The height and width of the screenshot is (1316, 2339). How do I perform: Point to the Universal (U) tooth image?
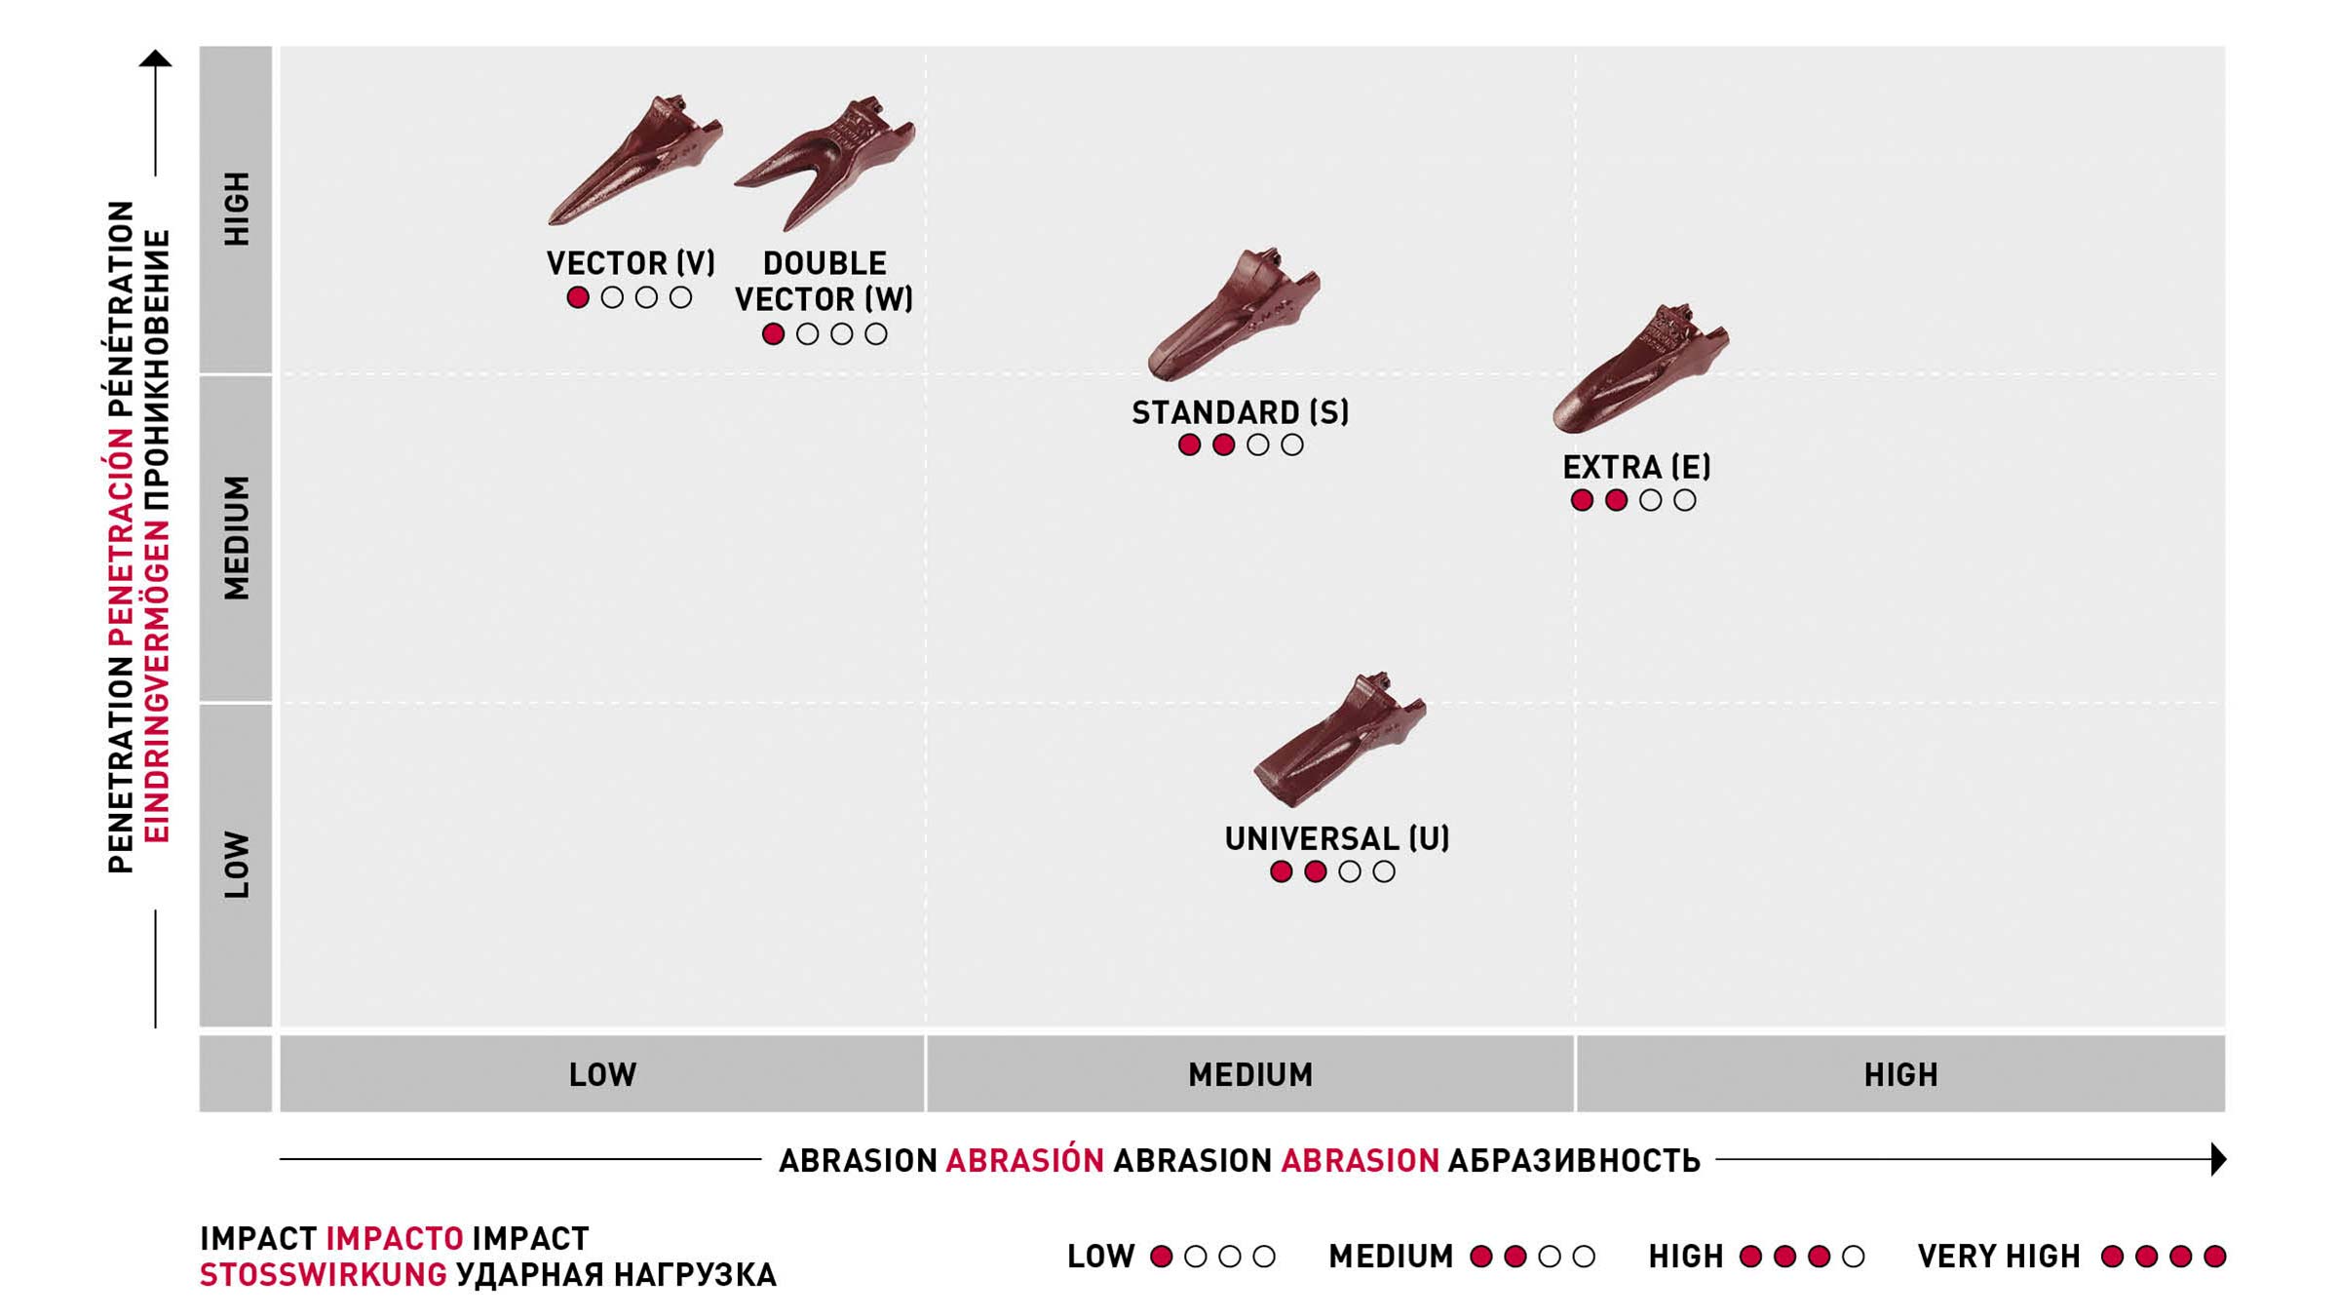click(x=1339, y=741)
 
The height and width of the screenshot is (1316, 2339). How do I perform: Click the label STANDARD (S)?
click(x=1241, y=412)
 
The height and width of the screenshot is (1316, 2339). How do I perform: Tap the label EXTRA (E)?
click(x=1636, y=467)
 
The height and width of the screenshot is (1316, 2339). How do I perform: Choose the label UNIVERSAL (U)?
click(x=1337, y=838)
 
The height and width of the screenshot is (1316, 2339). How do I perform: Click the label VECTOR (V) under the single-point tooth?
click(x=631, y=263)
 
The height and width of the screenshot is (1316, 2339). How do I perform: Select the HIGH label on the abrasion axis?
click(x=1900, y=1074)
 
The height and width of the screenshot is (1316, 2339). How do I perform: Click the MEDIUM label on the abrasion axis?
click(x=1250, y=1074)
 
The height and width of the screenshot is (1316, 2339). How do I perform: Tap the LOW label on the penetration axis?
click(x=237, y=864)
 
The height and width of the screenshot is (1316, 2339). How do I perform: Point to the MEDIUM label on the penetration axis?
click(x=237, y=537)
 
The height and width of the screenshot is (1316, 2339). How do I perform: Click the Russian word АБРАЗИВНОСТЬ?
click(x=1574, y=1161)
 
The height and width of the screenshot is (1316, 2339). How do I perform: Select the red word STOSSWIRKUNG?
click(x=324, y=1275)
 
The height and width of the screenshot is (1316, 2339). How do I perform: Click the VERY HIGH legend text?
click(x=1999, y=1257)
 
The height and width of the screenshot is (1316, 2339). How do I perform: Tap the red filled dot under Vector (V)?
click(x=578, y=297)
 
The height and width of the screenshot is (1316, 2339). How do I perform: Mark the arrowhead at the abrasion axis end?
click(x=2219, y=1159)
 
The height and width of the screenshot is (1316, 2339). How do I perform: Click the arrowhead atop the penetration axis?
click(x=155, y=58)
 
